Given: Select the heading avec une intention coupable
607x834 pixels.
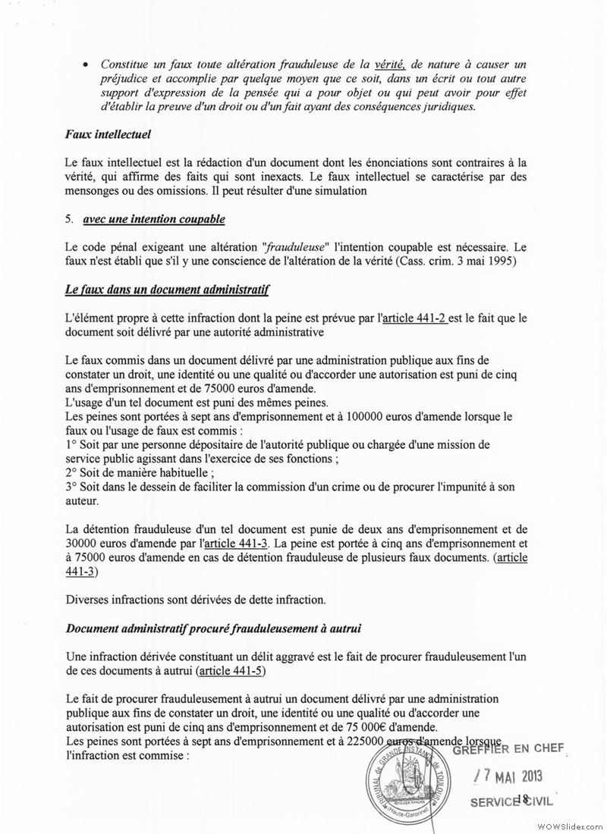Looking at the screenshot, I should point(146,220).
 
